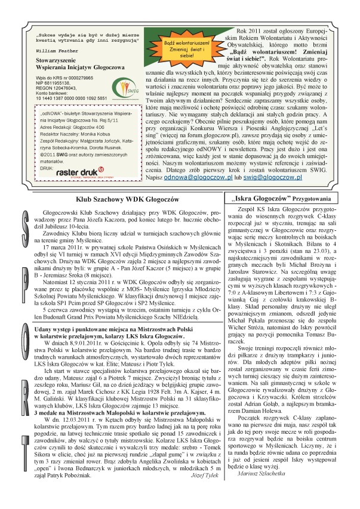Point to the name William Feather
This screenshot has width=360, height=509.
pyautogui.click(x=54, y=51)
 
